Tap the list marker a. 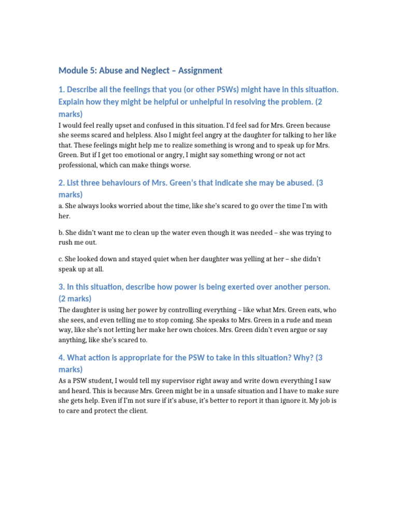click(x=61, y=206)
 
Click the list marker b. click(x=61, y=233)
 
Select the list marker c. click(x=61, y=259)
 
